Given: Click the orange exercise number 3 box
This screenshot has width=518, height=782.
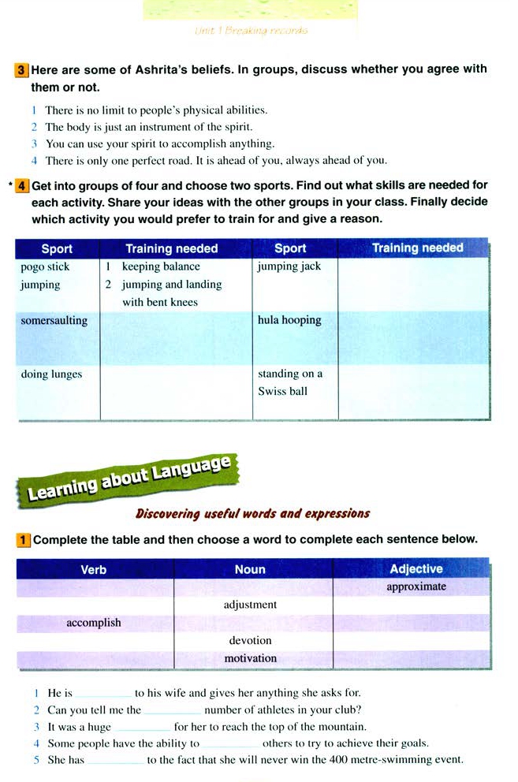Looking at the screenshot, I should click(22, 70).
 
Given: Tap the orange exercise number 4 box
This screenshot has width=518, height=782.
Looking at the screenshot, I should click(22, 186).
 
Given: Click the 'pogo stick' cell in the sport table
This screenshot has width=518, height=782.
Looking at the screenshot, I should click(45, 267).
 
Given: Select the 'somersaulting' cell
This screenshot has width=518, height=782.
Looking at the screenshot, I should click(54, 321).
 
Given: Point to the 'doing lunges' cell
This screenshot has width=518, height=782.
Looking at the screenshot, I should click(51, 374).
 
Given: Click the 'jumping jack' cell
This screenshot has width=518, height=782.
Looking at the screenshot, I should click(289, 266).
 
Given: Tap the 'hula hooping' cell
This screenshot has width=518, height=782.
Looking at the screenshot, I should click(289, 321).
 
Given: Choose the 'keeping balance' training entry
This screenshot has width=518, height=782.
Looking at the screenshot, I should click(161, 266).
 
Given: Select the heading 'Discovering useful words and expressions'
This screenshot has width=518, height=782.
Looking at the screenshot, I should click(252, 514).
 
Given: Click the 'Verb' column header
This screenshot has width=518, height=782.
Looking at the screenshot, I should click(94, 569).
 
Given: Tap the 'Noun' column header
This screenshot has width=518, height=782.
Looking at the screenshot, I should click(250, 569).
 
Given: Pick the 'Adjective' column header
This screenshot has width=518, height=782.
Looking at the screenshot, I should click(416, 569).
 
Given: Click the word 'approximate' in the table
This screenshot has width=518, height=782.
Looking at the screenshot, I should click(416, 587).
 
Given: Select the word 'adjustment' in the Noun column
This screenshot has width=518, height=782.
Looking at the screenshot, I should click(250, 605).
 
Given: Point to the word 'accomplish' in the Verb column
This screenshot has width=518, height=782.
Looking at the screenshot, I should click(94, 623).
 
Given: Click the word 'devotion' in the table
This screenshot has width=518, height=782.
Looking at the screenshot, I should click(250, 641).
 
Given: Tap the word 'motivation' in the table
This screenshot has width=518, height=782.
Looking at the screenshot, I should click(250, 658).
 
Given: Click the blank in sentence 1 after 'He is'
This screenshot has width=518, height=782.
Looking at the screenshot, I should click(103, 694).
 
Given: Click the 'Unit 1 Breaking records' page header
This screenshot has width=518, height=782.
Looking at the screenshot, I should click(251, 31).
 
